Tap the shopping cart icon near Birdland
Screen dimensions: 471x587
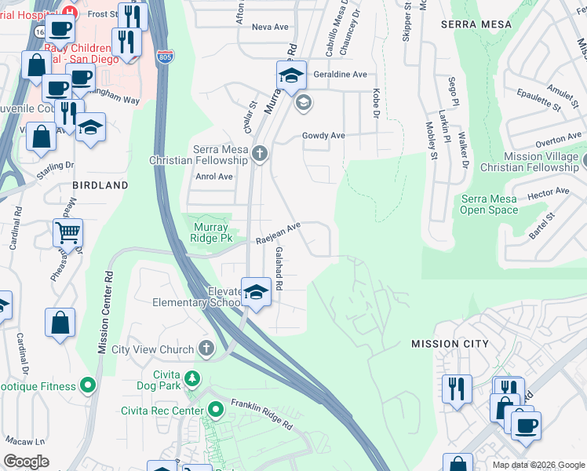click(x=68, y=232)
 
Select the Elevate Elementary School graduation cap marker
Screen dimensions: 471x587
click(x=255, y=292)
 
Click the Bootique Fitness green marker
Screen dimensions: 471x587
click(x=88, y=385)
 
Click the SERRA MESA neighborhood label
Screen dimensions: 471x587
click(x=476, y=24)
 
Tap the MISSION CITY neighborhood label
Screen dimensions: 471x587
click(x=450, y=344)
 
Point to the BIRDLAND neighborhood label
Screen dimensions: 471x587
click(x=100, y=185)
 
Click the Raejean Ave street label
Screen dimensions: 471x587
click(x=279, y=233)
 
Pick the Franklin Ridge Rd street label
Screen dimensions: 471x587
click(x=261, y=414)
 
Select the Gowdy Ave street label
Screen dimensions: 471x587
click(x=324, y=135)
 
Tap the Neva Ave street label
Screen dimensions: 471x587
click(x=270, y=27)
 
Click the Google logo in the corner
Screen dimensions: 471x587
click(x=26, y=462)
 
